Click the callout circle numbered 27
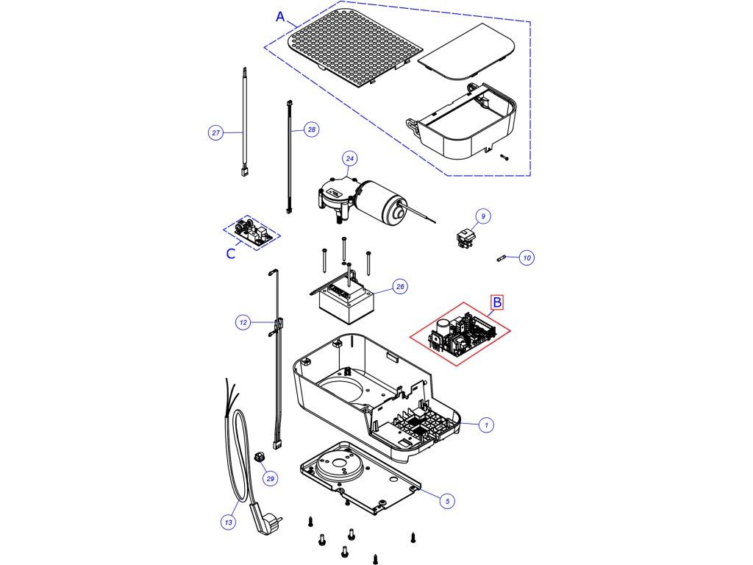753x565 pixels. (x=215, y=133)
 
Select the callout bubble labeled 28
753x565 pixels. (x=311, y=129)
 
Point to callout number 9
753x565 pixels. (x=482, y=216)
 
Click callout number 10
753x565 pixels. (x=527, y=257)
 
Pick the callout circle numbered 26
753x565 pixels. (x=400, y=287)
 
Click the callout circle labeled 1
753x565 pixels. (x=485, y=424)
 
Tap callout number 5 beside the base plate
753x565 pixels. (x=446, y=500)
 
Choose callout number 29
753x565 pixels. (x=271, y=479)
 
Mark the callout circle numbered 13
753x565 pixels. (x=229, y=522)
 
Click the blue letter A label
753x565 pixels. (x=280, y=17)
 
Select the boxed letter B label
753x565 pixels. (x=497, y=302)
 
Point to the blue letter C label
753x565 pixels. (x=231, y=254)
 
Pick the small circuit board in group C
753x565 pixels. (x=252, y=232)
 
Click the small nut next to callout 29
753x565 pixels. (x=259, y=458)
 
